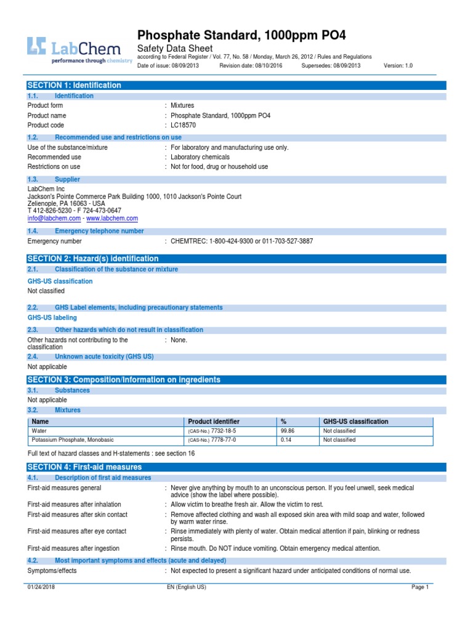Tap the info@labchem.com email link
click(54, 218)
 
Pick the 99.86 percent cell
click(288, 431)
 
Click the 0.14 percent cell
click(286, 441)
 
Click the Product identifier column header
click(214, 421)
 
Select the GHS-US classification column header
click(355, 421)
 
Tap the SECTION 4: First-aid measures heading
click(84, 467)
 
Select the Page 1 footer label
click(419, 587)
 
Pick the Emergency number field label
click(54, 241)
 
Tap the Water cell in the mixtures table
click(39, 431)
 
